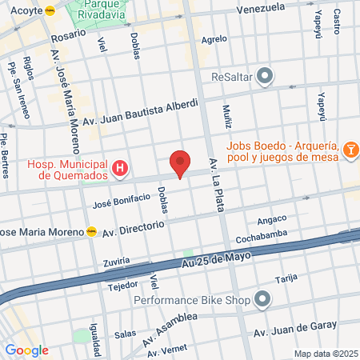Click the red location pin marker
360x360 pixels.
(x=181, y=163)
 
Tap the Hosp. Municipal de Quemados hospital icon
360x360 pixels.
(x=120, y=168)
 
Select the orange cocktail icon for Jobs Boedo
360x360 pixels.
(x=350, y=150)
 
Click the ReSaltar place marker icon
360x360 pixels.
(x=266, y=78)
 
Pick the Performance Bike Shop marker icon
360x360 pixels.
(x=263, y=300)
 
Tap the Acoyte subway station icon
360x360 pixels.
(x=51, y=11)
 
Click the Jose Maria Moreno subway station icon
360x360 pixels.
(x=92, y=231)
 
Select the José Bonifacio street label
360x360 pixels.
(x=122, y=198)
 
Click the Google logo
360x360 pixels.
(x=26, y=350)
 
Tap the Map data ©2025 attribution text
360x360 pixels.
(x=324, y=354)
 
